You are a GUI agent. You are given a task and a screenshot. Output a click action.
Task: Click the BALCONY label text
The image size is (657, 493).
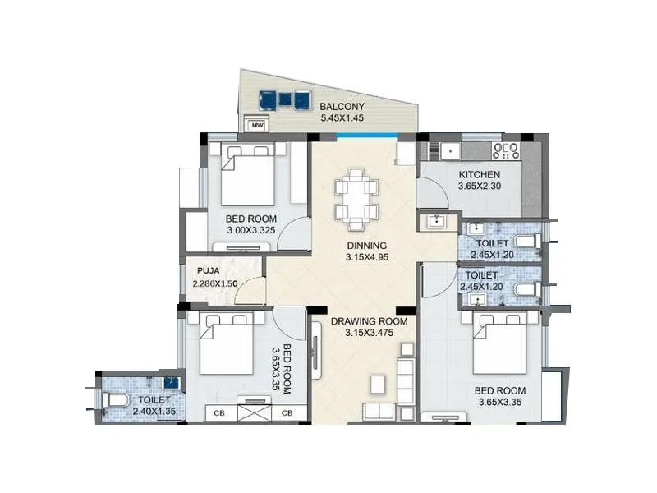pyautogui.click(x=343, y=106)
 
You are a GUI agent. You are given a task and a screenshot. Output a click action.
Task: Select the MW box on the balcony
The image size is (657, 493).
pyautogui.click(x=256, y=125)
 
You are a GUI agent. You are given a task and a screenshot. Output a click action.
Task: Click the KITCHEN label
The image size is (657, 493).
pyautogui.click(x=479, y=174)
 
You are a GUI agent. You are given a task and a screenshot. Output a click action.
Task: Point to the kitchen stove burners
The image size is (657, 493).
pyautogui.click(x=505, y=150)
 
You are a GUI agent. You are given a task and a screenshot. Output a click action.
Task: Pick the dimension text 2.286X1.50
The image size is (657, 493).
pyautogui.click(x=215, y=283)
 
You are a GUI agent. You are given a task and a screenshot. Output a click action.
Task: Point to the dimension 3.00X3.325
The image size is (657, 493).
pyautogui.click(x=250, y=231)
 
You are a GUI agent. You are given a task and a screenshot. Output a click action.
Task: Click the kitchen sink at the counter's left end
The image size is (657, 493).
pyautogui.click(x=448, y=150)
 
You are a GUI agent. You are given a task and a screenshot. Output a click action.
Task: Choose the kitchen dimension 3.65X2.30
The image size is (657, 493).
pyautogui.click(x=479, y=187)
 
